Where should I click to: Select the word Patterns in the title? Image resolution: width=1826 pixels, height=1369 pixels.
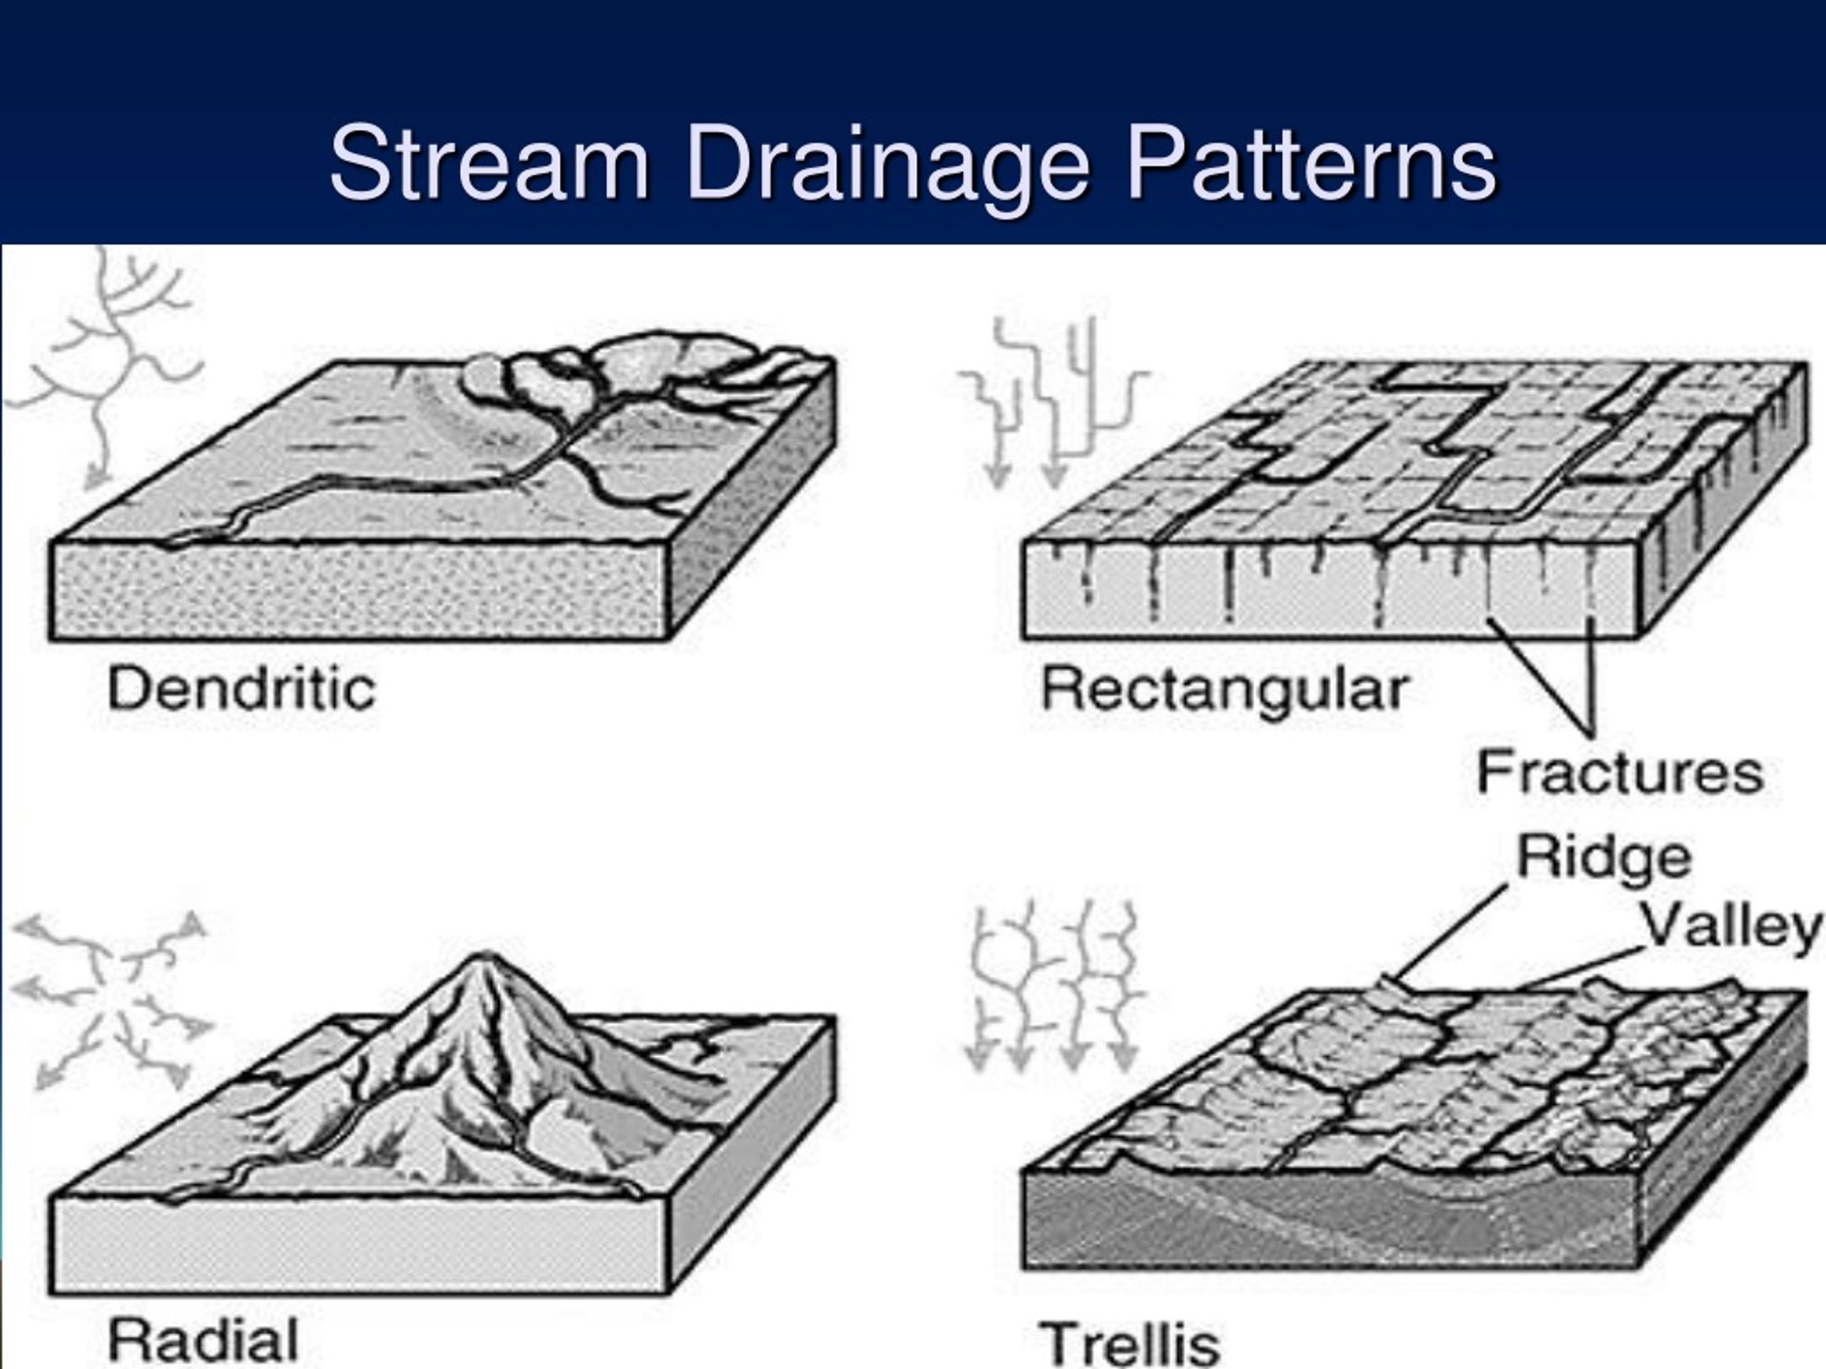1312,163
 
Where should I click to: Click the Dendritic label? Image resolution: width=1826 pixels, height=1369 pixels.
241,688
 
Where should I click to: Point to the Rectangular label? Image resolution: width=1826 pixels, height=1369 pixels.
1224,688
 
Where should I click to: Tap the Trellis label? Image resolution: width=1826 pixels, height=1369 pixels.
1128,1343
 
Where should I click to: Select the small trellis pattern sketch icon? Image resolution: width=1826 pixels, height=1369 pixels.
1056,987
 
